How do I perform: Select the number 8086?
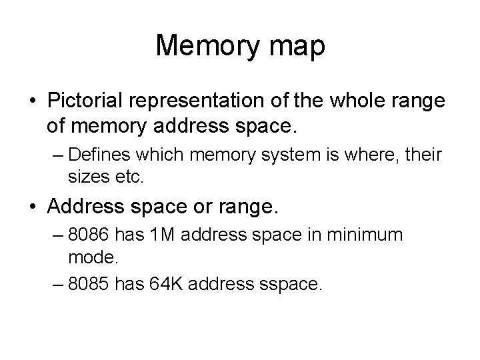(x=91, y=235)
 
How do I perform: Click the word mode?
(x=88, y=257)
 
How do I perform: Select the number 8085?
(x=91, y=285)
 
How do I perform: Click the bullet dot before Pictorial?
(x=33, y=101)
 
